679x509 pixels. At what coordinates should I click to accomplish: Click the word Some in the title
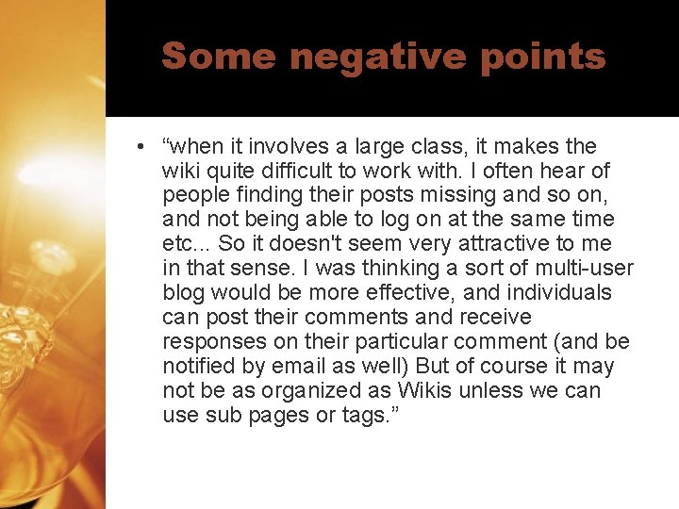pyautogui.click(x=219, y=57)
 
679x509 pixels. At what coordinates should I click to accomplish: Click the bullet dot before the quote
pyautogui.click(x=139, y=147)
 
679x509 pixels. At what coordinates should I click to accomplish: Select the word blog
pyautogui.click(x=183, y=293)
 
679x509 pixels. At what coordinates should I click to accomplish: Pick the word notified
pyautogui.click(x=196, y=366)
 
